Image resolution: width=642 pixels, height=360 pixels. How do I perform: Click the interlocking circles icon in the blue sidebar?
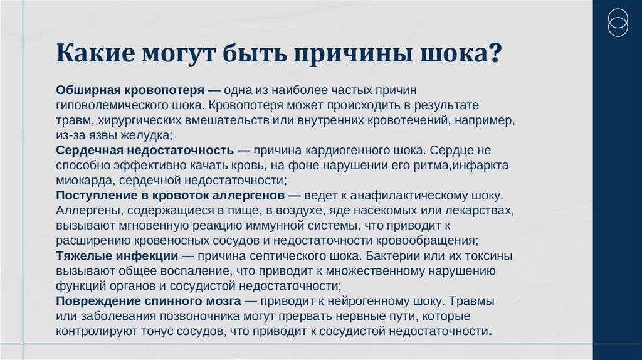point(618,23)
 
